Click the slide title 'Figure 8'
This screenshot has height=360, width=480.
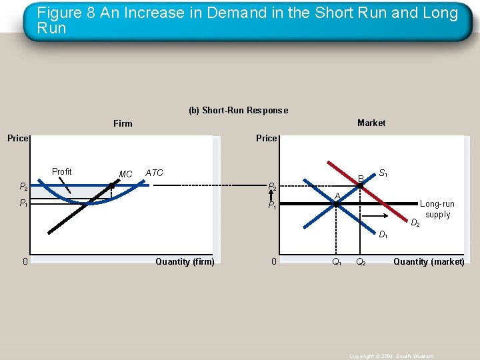pos(247,20)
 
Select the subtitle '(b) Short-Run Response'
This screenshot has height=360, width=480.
pos(238,111)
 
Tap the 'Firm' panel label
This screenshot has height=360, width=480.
pos(123,123)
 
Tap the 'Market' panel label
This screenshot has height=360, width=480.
pos(371,123)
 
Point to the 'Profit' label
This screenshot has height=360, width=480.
pos(61,171)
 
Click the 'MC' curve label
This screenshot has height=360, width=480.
pos(125,174)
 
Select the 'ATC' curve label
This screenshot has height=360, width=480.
pos(154,173)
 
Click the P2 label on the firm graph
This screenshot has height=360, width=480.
pos(23,187)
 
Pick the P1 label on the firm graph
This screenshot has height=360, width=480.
pos(23,203)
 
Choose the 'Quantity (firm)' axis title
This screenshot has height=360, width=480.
pos(185,261)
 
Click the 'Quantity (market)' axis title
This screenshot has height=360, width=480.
pos(429,261)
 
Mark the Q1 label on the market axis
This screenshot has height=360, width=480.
pos(337,262)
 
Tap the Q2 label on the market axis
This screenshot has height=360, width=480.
pos(361,262)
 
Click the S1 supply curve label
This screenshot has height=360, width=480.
pos(383,173)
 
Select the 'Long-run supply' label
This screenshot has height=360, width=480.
pos(437,209)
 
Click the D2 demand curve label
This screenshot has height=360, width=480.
pos(415,222)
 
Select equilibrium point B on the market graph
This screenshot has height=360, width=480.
pos(361,187)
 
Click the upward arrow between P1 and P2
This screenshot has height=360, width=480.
pos(272,195)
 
